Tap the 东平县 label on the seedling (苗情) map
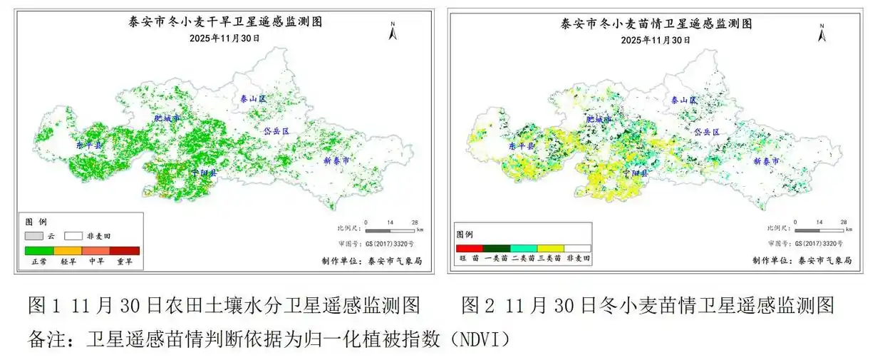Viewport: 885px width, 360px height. point(522,145)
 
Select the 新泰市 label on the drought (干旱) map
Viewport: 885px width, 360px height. point(336,160)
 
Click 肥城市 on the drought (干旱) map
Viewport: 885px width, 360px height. point(167,118)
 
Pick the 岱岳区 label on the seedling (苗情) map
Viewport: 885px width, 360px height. point(707,132)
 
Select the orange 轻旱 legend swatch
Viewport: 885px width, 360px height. point(68,250)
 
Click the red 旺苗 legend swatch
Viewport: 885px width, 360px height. point(470,247)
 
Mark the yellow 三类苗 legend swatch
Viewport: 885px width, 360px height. point(550,247)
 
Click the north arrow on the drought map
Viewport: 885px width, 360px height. point(393,31)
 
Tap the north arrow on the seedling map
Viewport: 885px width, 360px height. point(822,33)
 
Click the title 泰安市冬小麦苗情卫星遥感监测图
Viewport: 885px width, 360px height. point(656,24)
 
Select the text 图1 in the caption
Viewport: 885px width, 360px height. point(40,307)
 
